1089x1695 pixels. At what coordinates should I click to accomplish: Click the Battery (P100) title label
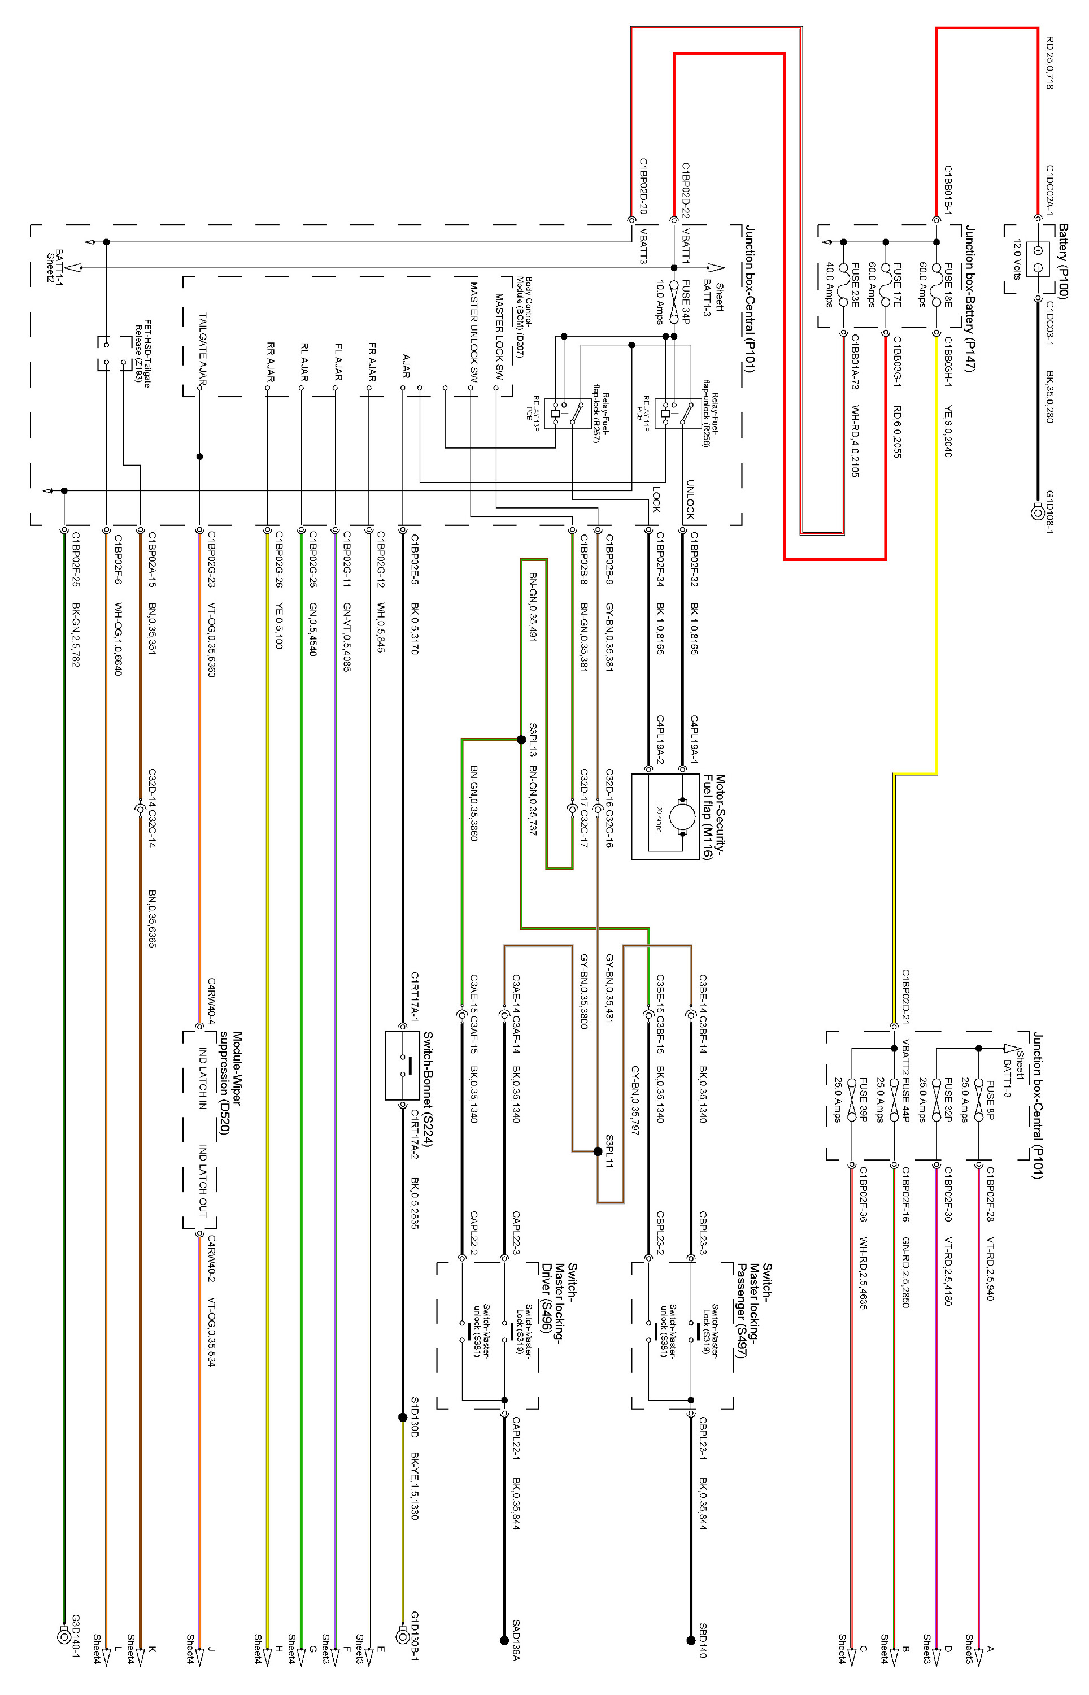coord(1063,262)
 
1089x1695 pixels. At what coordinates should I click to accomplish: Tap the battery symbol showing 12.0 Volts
coord(1038,259)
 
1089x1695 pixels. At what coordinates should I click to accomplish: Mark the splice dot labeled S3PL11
coord(598,1151)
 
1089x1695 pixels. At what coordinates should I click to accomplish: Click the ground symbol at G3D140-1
coord(64,1636)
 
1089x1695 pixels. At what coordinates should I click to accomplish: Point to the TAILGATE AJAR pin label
coord(203,349)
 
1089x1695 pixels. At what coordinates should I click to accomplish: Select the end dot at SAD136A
coord(504,1640)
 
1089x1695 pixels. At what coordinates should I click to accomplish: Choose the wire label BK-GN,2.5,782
coord(76,634)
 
